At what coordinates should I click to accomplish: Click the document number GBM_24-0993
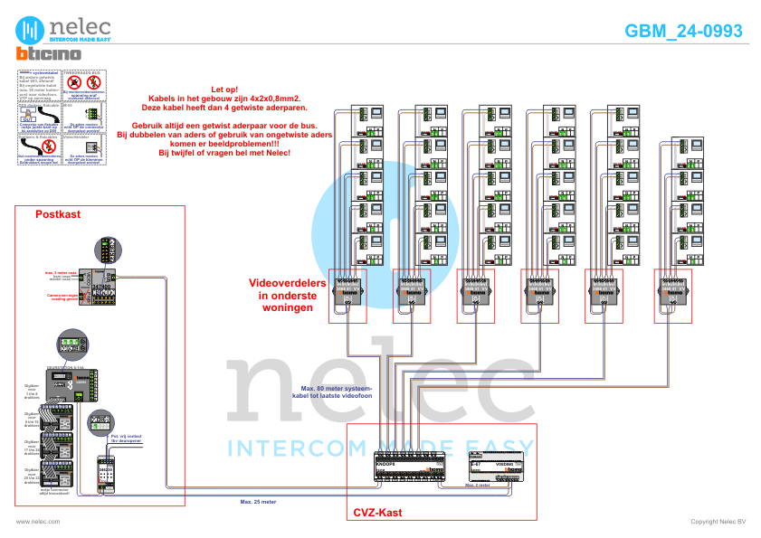[683, 31]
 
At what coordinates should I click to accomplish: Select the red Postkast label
[58, 214]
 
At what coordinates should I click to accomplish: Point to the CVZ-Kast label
[377, 513]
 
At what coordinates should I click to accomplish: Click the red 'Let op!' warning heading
[224, 89]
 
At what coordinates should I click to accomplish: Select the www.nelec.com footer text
[37, 522]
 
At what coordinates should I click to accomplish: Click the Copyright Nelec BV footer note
[718, 522]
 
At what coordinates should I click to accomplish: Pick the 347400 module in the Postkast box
[100, 287]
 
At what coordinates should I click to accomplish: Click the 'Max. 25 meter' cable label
[258, 499]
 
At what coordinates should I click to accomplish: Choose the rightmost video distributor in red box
[673, 293]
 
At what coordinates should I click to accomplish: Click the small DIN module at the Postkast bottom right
[107, 473]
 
